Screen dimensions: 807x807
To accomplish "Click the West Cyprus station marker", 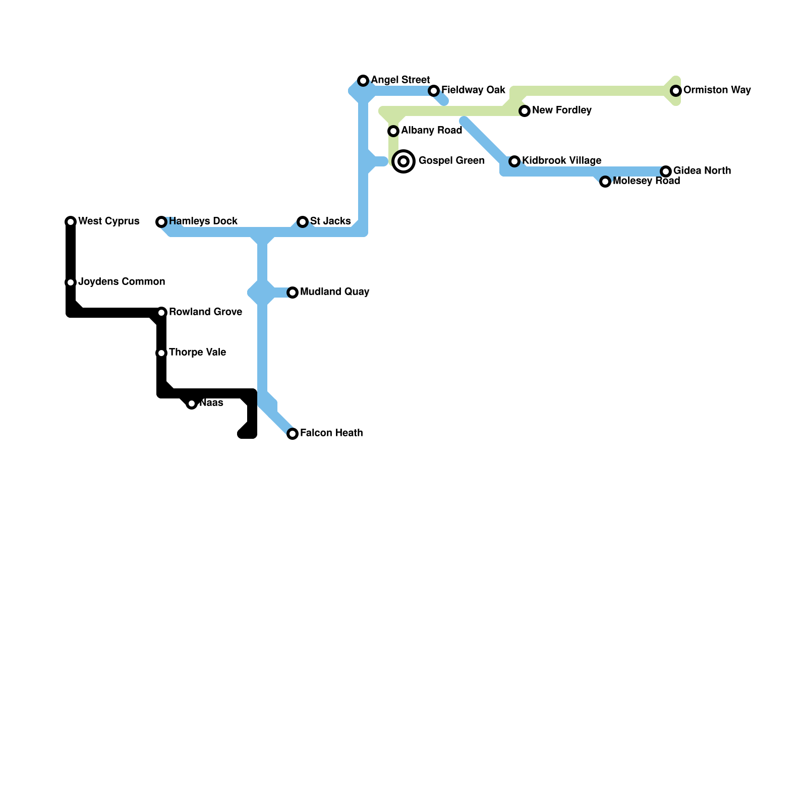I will click(x=71, y=221).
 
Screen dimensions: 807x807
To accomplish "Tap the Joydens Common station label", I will click(x=122, y=281).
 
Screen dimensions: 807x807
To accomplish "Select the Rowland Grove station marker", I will click(x=161, y=313).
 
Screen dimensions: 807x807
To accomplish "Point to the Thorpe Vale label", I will click(x=197, y=352).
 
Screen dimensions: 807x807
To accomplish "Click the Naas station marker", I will click(x=192, y=403).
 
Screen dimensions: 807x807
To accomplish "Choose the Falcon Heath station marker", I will click(x=293, y=434).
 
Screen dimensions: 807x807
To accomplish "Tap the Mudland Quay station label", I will click(x=334, y=292).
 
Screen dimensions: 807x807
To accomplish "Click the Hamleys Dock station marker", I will click(x=161, y=222).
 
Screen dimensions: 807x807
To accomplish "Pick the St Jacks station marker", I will click(x=303, y=222).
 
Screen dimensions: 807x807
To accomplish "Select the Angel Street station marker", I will click(x=363, y=81).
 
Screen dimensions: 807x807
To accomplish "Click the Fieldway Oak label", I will click(x=473, y=90).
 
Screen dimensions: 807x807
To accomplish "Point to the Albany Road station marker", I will click(x=393, y=131).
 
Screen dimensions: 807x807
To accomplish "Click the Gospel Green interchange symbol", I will click(x=403, y=161).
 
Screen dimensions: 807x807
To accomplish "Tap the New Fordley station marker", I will click(x=525, y=111).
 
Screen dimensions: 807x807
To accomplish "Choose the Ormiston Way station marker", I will click(x=676, y=91).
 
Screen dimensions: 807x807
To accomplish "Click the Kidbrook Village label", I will click(x=561, y=160).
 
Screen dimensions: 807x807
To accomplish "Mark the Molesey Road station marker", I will click(x=605, y=182).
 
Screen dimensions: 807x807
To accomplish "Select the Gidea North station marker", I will click(x=666, y=171).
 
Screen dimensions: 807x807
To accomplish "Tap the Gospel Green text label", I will click(x=451, y=160).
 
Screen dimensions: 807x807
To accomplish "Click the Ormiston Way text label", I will click(x=717, y=90).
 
